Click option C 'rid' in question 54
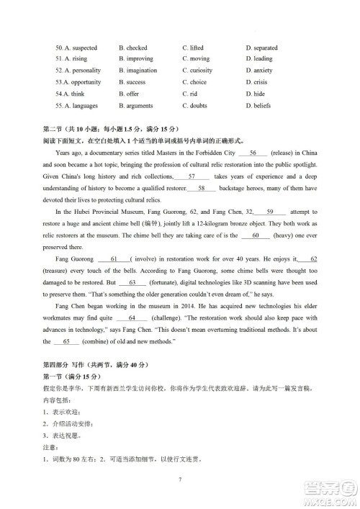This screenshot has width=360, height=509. (190, 94)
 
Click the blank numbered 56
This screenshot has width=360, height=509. (253, 153)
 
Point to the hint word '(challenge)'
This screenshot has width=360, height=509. (168, 317)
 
